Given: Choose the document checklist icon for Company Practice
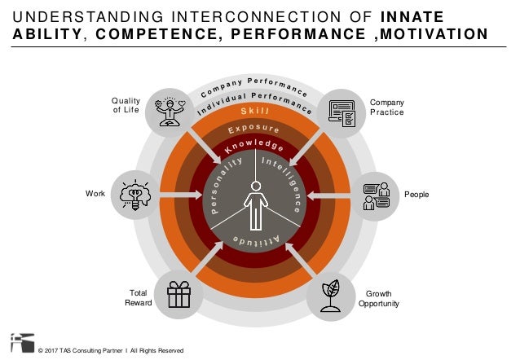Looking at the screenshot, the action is tap(342, 113).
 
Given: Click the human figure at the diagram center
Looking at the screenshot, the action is tap(255, 204).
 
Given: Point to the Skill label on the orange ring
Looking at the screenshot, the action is tap(254, 111).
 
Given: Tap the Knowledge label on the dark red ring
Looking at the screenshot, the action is tap(255, 147).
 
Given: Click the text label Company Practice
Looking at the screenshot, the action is tap(386, 107).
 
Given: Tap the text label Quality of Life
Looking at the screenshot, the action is tap(126, 105).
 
